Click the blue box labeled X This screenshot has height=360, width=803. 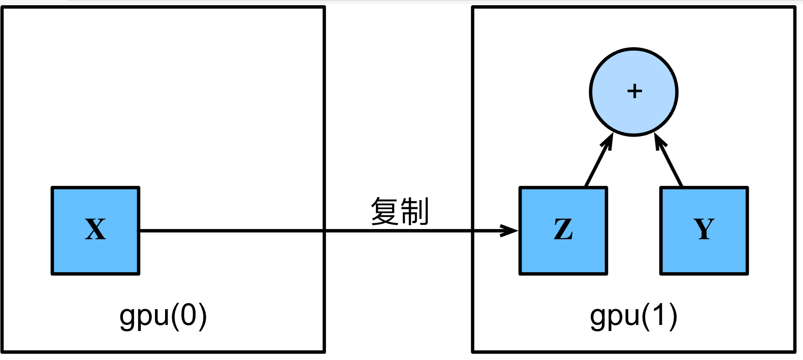(95, 231)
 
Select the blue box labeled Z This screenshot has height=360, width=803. (563, 231)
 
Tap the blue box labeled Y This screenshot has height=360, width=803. (704, 231)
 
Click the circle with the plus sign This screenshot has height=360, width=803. (634, 92)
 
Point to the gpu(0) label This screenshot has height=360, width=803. (163, 316)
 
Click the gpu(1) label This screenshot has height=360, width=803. (633, 316)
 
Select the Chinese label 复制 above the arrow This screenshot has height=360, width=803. (400, 211)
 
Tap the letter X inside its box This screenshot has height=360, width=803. (95, 230)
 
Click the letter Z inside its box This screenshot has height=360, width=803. (563, 230)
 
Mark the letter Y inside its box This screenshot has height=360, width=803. (704, 229)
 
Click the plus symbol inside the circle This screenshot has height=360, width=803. (634, 91)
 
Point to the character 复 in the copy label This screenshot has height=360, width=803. (384, 211)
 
